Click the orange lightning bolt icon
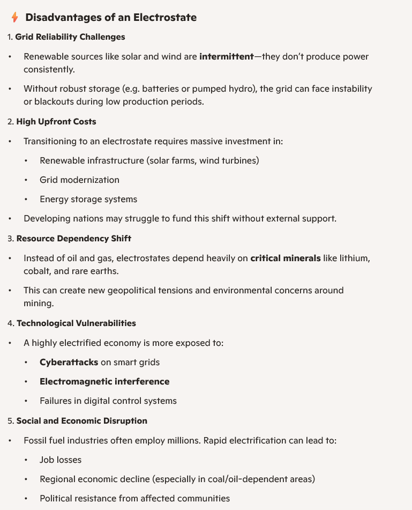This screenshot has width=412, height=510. (15, 18)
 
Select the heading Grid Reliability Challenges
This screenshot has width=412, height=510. (70, 37)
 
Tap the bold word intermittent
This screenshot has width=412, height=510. (226, 56)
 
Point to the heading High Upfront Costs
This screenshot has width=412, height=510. (56, 122)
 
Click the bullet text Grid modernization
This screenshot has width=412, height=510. (79, 180)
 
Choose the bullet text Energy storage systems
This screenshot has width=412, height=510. (88, 199)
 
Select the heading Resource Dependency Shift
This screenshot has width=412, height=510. (74, 238)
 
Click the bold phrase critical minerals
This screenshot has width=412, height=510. (286, 258)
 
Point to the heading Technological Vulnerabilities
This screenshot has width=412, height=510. (76, 323)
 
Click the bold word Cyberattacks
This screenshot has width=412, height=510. (69, 362)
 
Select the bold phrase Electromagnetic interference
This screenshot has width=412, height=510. (104, 381)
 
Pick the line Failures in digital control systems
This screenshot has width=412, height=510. (108, 401)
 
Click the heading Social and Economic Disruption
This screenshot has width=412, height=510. (82, 420)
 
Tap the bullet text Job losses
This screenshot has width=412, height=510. (61, 460)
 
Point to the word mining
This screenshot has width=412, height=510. (39, 303)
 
